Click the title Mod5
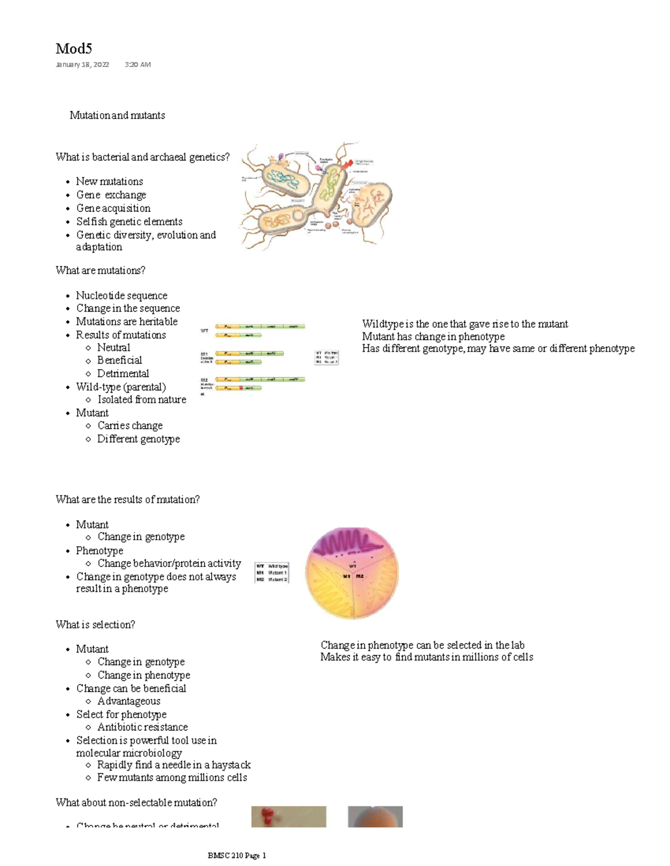click(74, 49)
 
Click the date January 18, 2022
click(82, 65)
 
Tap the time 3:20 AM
click(137, 65)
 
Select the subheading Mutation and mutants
click(117, 115)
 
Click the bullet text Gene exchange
click(111, 195)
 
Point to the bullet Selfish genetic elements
click(129, 221)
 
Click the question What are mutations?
click(100, 270)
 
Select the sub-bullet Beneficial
click(119, 360)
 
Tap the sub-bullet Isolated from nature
click(142, 399)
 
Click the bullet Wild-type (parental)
click(121, 386)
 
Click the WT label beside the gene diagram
click(204, 331)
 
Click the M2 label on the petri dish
click(360, 576)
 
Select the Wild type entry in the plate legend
click(277, 566)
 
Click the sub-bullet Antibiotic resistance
click(142, 727)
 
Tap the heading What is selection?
click(95, 625)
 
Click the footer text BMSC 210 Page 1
click(237, 855)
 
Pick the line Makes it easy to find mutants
click(427, 657)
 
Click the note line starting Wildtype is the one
click(465, 324)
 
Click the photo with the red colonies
click(288, 816)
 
